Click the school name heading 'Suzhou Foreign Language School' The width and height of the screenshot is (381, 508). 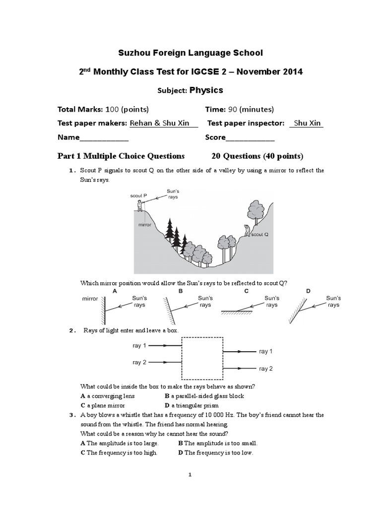[190, 53]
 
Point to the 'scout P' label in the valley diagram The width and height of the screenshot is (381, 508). [138, 195]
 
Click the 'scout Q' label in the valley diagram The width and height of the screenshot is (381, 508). [260, 234]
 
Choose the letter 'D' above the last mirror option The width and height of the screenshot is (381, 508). [308, 291]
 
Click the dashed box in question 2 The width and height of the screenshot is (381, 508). [202, 360]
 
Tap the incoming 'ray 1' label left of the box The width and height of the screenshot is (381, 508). [139, 345]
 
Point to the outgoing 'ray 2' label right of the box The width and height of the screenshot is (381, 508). [266, 369]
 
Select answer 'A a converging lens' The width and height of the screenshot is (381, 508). [108, 396]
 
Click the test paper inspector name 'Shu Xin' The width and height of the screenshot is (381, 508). [306, 123]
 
